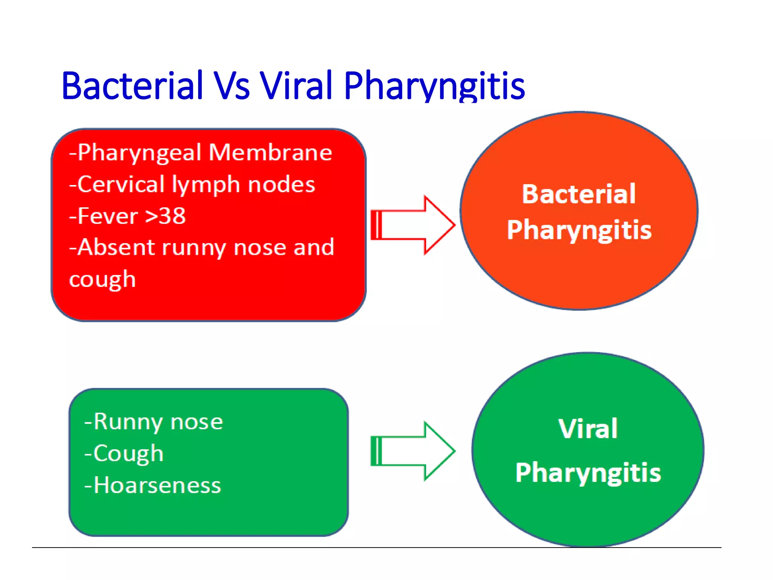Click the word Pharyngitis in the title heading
pyautogui.click(x=434, y=87)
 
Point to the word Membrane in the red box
pyautogui.click(x=270, y=153)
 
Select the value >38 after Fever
pyautogui.click(x=166, y=216)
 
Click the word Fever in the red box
pyautogui.click(x=108, y=216)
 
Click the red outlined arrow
pyautogui.click(x=413, y=225)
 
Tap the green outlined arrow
pyautogui.click(x=413, y=451)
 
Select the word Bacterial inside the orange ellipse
pyautogui.click(x=579, y=194)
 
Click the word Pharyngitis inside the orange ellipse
pyautogui.click(x=579, y=230)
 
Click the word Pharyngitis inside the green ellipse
pyautogui.click(x=588, y=473)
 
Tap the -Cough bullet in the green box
pyautogui.click(x=124, y=454)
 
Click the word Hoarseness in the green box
pyautogui.click(x=157, y=485)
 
